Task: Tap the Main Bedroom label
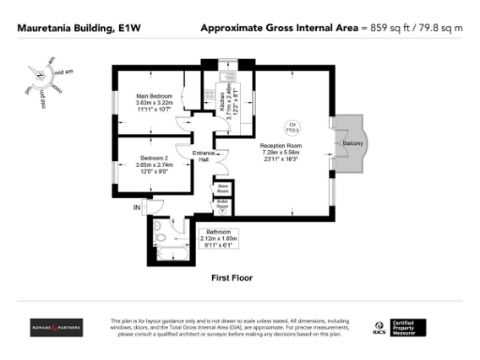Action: coord(154,96)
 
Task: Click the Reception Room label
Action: coord(280,147)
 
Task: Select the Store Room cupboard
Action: coord(224,188)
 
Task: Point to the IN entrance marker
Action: coord(137,206)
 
